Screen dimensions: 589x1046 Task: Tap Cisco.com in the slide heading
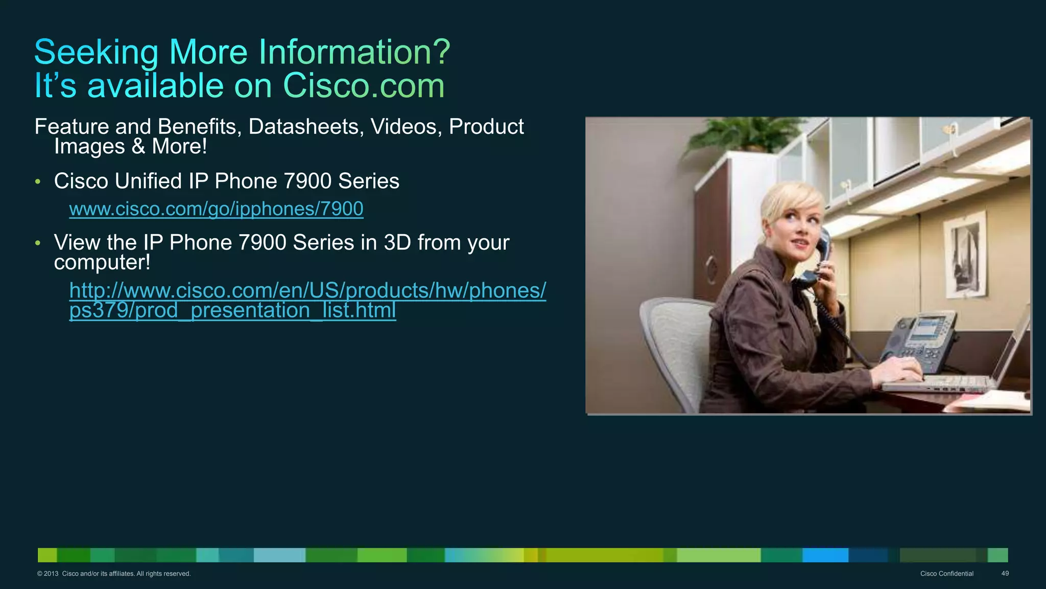pos(364,85)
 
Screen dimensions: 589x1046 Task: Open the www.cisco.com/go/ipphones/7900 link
pos(216,209)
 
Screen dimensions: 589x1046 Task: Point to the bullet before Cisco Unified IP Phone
pos(38,182)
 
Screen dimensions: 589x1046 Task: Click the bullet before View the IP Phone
pos(38,243)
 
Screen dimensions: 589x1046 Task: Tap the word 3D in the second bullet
pos(397,243)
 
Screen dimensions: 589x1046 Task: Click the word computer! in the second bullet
pos(102,263)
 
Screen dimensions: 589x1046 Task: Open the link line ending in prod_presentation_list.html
pos(232,310)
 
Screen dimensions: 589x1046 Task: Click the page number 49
pos(1005,574)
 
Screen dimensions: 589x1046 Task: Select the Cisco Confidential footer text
pos(946,574)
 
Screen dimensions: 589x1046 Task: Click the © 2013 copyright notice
pos(113,574)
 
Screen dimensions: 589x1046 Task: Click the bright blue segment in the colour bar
pos(825,555)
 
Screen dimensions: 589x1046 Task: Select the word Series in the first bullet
pos(368,182)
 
